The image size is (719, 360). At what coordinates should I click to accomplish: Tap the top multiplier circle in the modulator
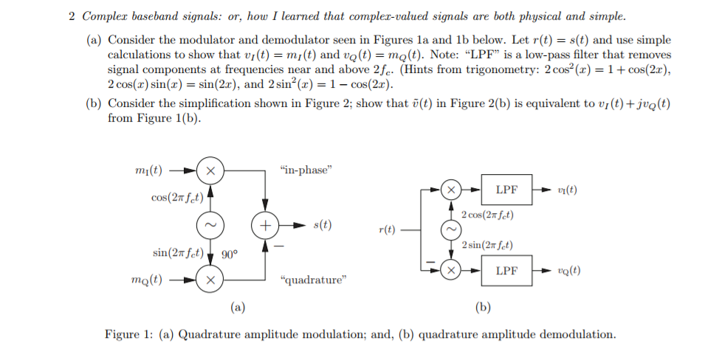(210, 170)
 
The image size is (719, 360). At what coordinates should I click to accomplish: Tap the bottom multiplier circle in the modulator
(210, 280)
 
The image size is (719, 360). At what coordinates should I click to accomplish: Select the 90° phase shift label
(230, 255)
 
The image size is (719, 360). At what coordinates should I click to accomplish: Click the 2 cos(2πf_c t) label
(487, 215)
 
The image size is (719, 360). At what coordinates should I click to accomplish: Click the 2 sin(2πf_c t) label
(487, 245)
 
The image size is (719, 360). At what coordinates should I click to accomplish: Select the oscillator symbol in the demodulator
(450, 229)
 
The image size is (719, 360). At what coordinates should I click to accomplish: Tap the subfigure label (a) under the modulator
(237, 307)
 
